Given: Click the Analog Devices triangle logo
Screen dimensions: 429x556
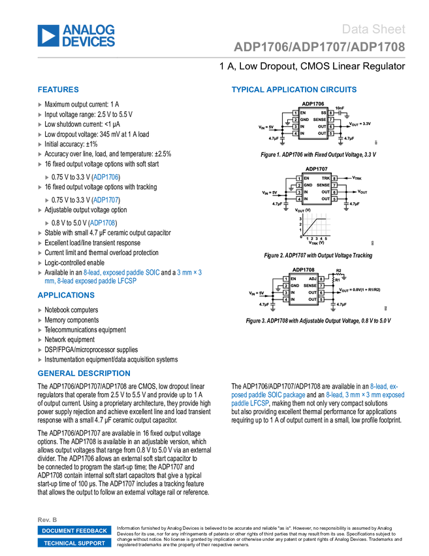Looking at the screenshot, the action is (x=48, y=35).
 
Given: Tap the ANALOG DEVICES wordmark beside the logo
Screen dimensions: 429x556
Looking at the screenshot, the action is (x=89, y=35).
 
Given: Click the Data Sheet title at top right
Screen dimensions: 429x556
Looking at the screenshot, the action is (x=373, y=29).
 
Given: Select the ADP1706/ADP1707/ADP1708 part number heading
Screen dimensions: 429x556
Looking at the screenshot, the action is (x=319, y=47).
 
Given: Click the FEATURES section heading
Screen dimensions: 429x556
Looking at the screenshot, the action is (x=58, y=90).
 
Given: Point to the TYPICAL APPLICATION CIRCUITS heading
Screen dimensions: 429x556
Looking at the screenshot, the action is (x=294, y=90).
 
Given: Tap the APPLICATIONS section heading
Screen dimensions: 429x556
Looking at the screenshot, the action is (x=66, y=295).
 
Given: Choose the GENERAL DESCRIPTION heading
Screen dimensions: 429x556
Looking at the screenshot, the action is (x=84, y=373).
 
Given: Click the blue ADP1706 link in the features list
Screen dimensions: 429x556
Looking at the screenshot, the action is (x=105, y=177).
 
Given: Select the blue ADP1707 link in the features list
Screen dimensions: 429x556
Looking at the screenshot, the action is (x=105, y=200).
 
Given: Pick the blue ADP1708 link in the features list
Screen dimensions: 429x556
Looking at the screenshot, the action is (x=103, y=223).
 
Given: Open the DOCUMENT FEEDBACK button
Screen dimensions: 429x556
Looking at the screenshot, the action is (x=74, y=530).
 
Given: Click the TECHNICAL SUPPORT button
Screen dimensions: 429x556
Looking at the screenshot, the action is (x=74, y=543).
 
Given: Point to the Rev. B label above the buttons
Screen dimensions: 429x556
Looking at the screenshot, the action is (x=47, y=519).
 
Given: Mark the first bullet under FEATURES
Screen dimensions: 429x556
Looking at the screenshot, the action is (x=40, y=105).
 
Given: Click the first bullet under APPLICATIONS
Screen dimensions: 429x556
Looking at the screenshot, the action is (x=40, y=310).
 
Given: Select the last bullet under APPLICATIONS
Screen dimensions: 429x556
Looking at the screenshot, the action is (x=40, y=359).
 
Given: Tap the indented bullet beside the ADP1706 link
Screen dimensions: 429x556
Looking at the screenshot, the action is (x=47, y=177).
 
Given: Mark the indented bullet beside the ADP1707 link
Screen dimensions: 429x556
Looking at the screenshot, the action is (x=47, y=200).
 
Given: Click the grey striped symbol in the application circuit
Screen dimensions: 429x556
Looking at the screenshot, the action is (x=318, y=224).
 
